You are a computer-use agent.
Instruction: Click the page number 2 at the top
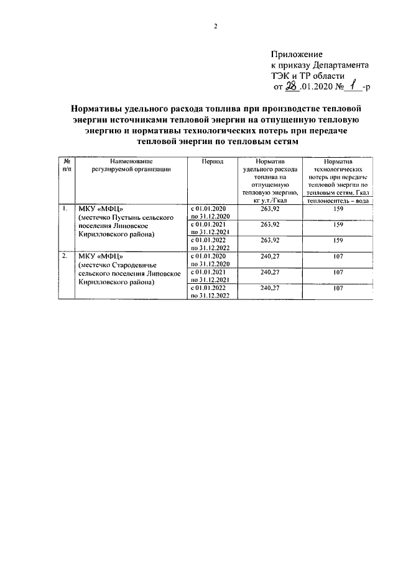coord(216,25)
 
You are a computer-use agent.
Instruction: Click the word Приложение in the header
coord(297,55)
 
